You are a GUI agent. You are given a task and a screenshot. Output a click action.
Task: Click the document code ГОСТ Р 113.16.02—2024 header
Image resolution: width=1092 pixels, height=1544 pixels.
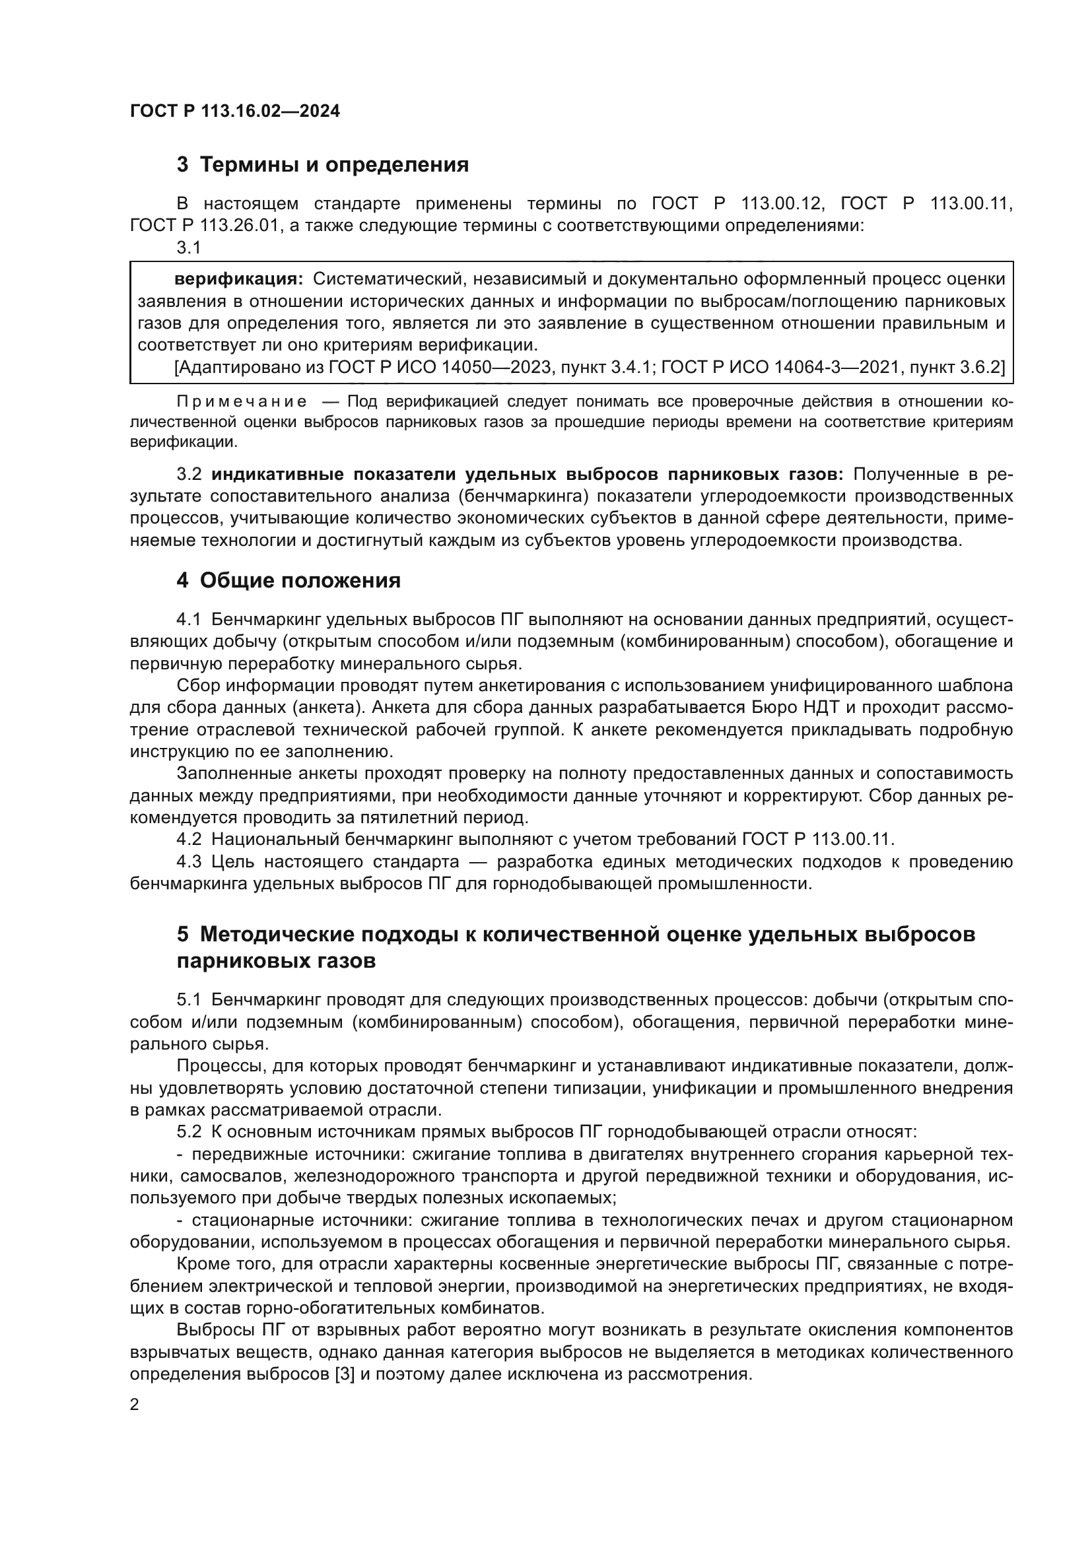[x=234, y=111]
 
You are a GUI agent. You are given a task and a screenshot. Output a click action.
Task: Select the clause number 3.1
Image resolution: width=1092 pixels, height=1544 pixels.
[x=189, y=248]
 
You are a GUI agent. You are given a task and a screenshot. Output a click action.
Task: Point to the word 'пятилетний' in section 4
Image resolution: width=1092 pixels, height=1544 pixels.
[x=411, y=818]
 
